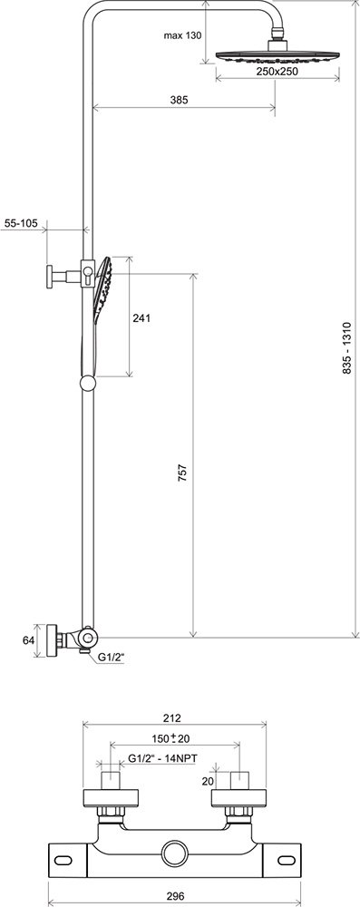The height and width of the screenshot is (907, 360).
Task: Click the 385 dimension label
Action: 180,100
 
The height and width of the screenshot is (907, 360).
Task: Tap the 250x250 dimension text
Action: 277,71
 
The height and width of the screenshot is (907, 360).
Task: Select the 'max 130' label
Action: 182,36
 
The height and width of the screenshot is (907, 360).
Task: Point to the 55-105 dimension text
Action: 20,222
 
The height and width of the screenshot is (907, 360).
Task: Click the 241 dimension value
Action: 141,317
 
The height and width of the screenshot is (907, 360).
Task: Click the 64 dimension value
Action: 27,640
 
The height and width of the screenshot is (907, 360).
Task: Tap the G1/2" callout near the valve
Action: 111,657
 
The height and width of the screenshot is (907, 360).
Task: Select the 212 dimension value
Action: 172,718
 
